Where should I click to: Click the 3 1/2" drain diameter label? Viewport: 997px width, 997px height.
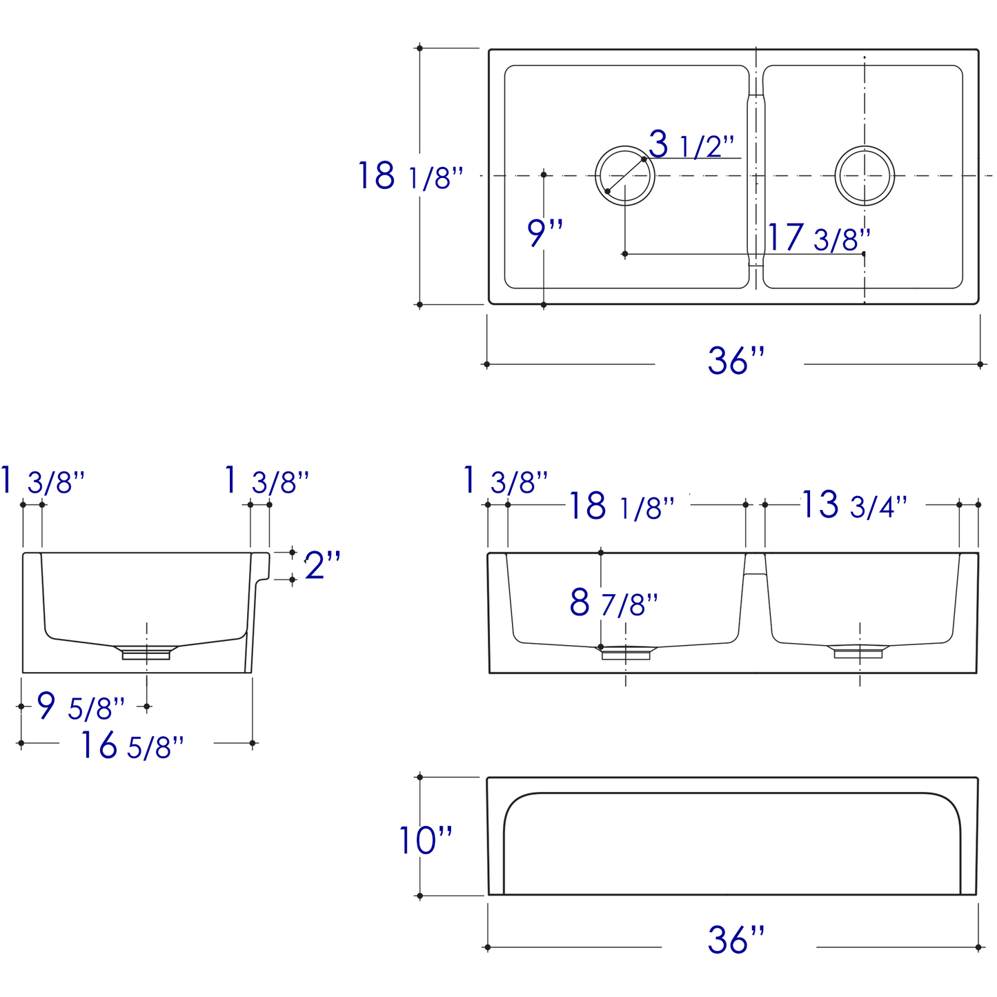click(691, 145)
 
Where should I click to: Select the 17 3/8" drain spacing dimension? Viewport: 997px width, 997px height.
click(818, 238)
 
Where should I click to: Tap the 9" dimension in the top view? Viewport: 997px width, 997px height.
click(545, 233)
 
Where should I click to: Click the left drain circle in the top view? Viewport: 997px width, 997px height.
click(624, 175)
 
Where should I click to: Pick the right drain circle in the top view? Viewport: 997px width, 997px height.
click(865, 175)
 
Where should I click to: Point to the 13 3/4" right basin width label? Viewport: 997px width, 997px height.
click(853, 505)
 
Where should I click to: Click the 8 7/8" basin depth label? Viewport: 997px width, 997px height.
click(613, 603)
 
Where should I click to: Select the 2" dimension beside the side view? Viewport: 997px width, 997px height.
click(322, 566)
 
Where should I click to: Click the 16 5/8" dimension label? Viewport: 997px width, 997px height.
click(132, 746)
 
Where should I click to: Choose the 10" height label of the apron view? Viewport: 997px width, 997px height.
click(426, 840)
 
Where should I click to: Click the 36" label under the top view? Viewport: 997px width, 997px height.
click(736, 361)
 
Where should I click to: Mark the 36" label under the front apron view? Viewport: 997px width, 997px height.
click(736, 940)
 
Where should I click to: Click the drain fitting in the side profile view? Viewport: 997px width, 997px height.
click(146, 652)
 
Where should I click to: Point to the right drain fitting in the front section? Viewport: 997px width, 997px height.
click(859, 651)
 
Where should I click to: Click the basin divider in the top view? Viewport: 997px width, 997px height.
click(757, 176)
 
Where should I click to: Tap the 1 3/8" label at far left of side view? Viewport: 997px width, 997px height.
click(43, 481)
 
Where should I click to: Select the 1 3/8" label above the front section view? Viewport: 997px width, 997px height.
click(506, 481)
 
